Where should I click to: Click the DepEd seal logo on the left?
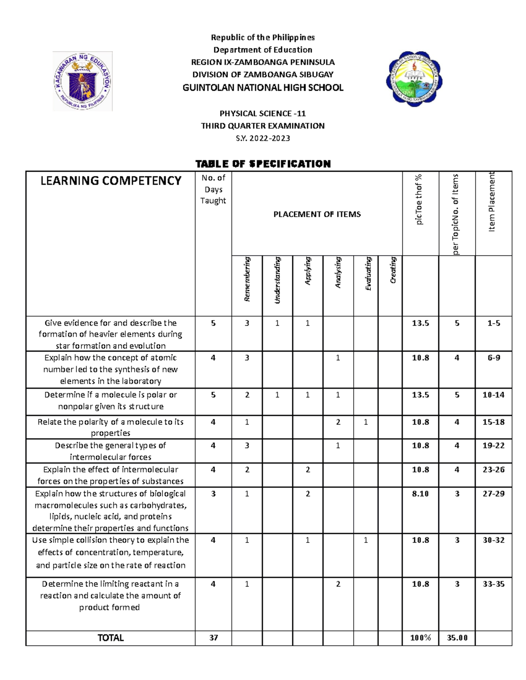click(x=82, y=81)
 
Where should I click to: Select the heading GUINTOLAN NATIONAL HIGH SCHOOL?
click(x=263, y=88)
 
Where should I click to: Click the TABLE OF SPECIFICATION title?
click(x=263, y=164)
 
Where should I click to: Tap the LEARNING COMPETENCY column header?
click(x=110, y=181)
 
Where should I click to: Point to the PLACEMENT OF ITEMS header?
click(x=317, y=214)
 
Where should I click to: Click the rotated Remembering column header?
click(x=247, y=279)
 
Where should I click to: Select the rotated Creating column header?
click(x=393, y=270)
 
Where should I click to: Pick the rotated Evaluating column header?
click(x=368, y=274)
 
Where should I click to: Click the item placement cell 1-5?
click(x=494, y=323)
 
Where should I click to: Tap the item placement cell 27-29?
click(x=494, y=493)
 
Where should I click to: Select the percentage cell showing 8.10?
click(x=420, y=493)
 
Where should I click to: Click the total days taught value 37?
click(x=213, y=638)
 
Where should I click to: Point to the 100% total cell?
click(x=420, y=638)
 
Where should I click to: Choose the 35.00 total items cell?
click(x=457, y=638)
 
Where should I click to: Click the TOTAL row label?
click(x=110, y=638)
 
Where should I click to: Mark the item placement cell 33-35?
click(x=494, y=584)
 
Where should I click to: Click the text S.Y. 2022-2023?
click(x=263, y=138)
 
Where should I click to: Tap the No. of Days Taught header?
click(x=213, y=189)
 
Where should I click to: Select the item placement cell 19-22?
click(x=494, y=445)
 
